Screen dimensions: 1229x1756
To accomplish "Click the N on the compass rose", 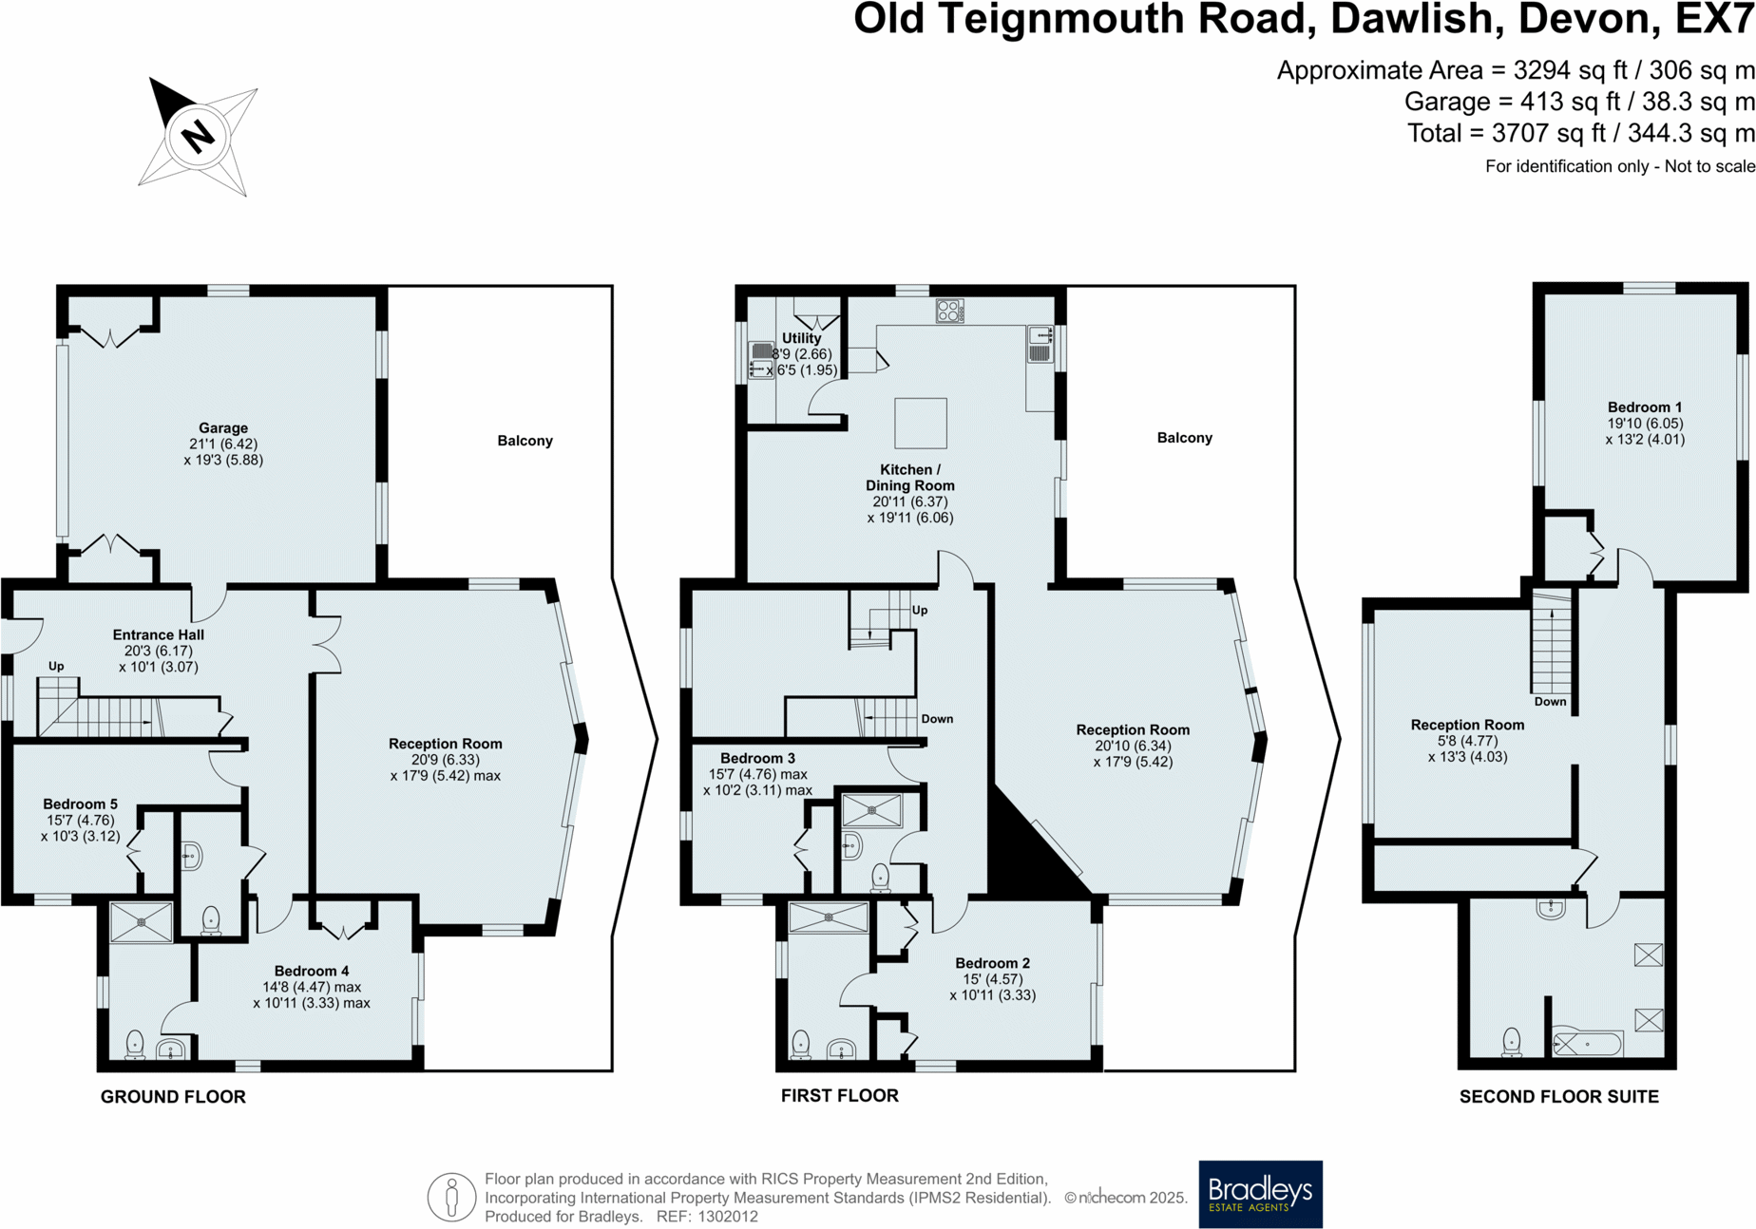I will (x=198, y=137).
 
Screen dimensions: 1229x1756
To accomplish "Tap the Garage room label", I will (x=223, y=428).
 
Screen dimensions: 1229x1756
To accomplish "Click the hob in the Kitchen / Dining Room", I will (x=949, y=311).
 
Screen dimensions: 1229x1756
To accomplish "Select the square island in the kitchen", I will (x=920, y=423).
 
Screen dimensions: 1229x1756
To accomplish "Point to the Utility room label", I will (x=801, y=338).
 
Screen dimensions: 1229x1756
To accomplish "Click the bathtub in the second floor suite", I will (x=1587, y=1045).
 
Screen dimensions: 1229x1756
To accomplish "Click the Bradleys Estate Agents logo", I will (x=1260, y=1194).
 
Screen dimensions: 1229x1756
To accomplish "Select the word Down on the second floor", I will (x=1550, y=702).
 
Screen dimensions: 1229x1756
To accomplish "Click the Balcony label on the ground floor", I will (x=525, y=441).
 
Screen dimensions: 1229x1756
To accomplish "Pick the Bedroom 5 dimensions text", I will (x=81, y=828).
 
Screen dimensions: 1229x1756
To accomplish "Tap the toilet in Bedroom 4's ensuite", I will (x=135, y=1044).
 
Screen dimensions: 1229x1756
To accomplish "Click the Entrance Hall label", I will (x=158, y=634).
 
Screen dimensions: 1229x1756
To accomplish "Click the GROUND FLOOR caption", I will (x=173, y=1096).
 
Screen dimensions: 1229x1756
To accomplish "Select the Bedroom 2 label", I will (x=992, y=963).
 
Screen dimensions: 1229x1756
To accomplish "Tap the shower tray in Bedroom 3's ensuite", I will (x=871, y=811).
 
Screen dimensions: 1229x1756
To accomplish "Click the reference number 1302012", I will (x=728, y=1217).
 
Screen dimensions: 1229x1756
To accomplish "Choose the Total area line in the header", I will (x=1579, y=133).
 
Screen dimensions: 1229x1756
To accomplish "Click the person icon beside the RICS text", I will (x=451, y=1197).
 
